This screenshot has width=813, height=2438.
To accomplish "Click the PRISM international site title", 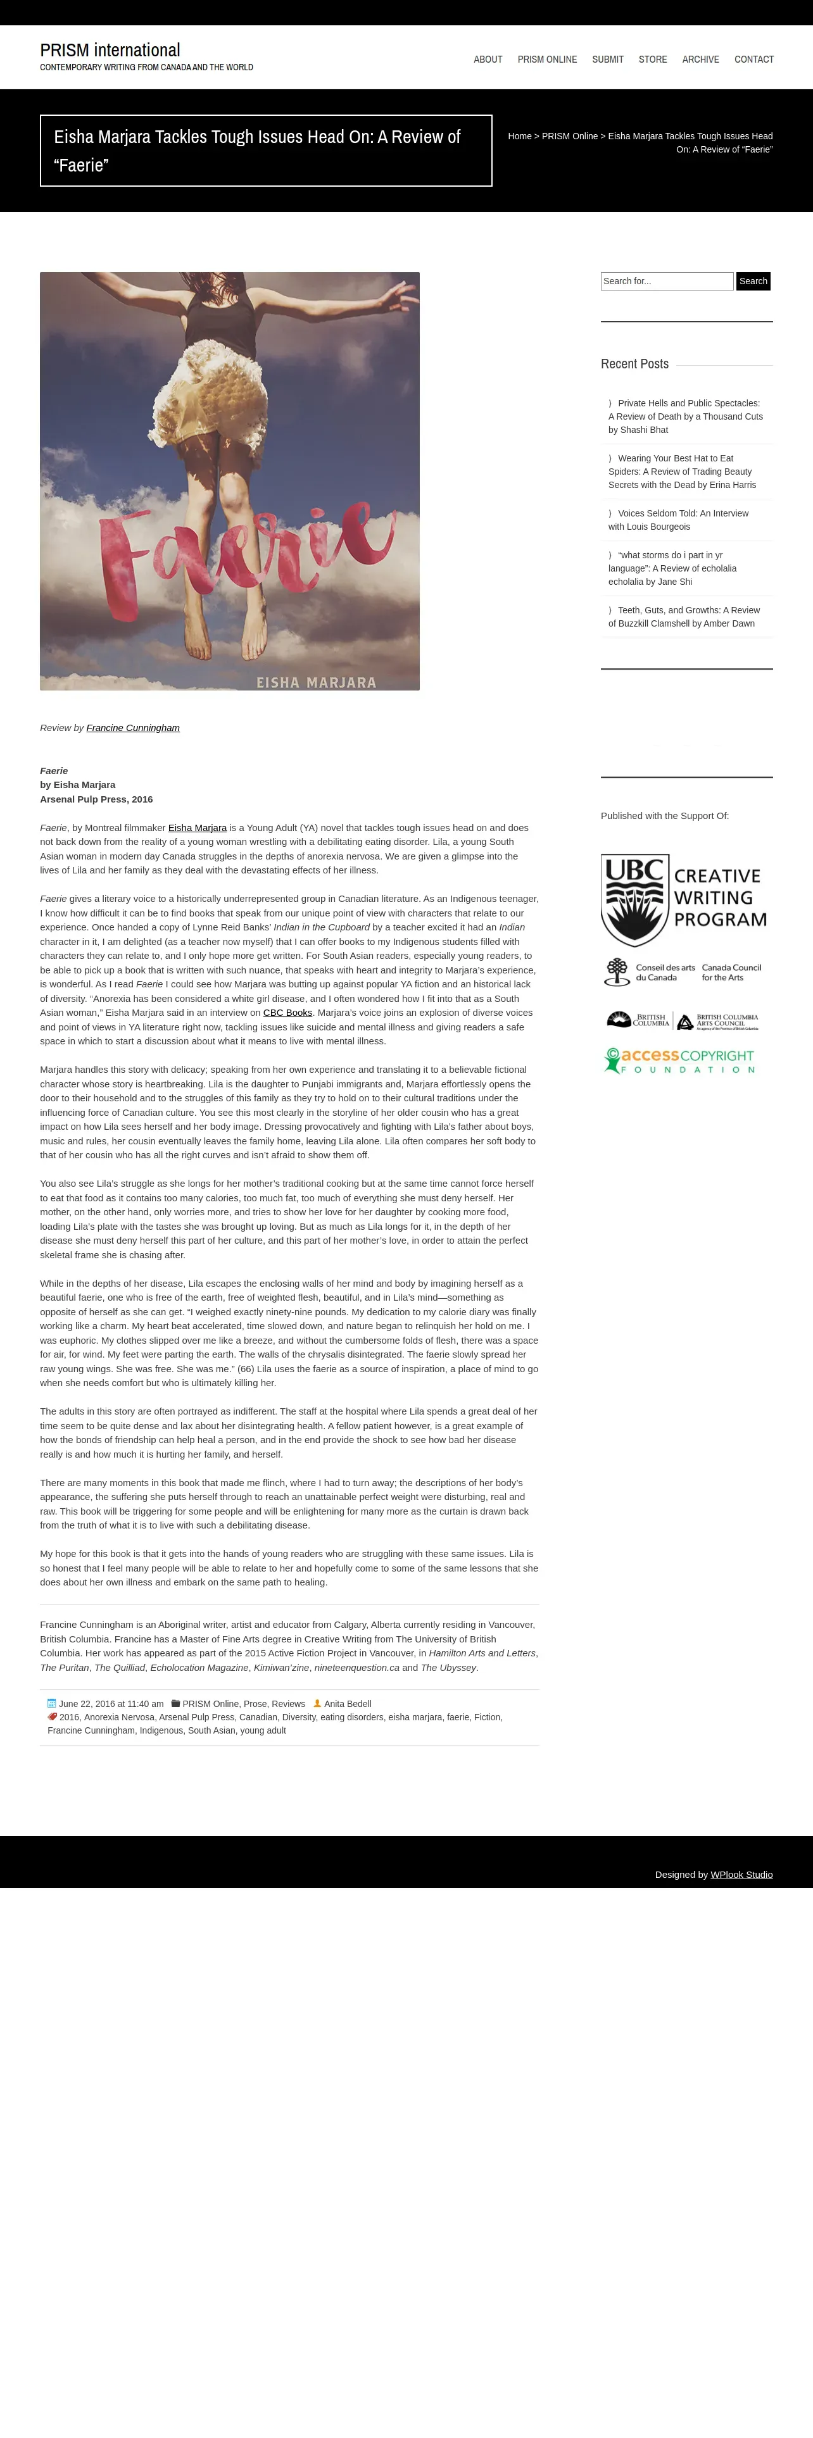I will (110, 50).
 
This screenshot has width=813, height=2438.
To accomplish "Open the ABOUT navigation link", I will (488, 59).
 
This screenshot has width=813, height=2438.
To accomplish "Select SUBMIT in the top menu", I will (608, 59).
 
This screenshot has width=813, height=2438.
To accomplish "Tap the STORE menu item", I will (652, 59).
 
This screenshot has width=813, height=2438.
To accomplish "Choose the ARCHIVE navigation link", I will (700, 59).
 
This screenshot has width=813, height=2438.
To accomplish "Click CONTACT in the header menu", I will (753, 59).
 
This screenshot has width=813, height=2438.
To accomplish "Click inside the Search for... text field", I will (666, 281).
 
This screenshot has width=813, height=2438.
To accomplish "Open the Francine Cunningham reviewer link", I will (132, 728).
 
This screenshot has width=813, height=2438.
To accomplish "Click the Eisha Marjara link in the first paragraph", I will (197, 828).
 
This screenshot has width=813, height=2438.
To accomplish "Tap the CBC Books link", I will (287, 1013).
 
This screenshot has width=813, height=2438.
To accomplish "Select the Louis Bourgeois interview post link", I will (677, 520).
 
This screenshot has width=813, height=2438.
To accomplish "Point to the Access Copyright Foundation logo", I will (679, 1061).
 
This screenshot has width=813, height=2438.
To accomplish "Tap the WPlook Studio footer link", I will (741, 1875).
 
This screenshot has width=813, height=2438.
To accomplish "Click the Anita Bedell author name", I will (348, 1704).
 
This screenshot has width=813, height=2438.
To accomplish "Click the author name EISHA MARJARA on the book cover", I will (316, 682).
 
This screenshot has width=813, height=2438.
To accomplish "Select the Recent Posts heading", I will (634, 365).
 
